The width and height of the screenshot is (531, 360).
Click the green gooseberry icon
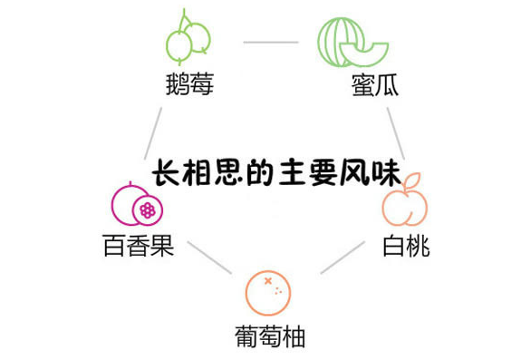188,38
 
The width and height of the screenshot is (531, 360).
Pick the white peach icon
403,208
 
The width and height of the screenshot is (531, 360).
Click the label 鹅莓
188,87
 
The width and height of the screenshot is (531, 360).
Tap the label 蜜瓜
374,87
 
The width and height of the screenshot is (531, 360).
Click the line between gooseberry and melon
271,42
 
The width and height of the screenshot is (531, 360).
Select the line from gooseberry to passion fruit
151,133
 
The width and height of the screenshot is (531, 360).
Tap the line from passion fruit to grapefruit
209,258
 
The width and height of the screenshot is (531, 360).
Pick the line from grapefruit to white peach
343,258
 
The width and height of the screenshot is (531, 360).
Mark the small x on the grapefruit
267,282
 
